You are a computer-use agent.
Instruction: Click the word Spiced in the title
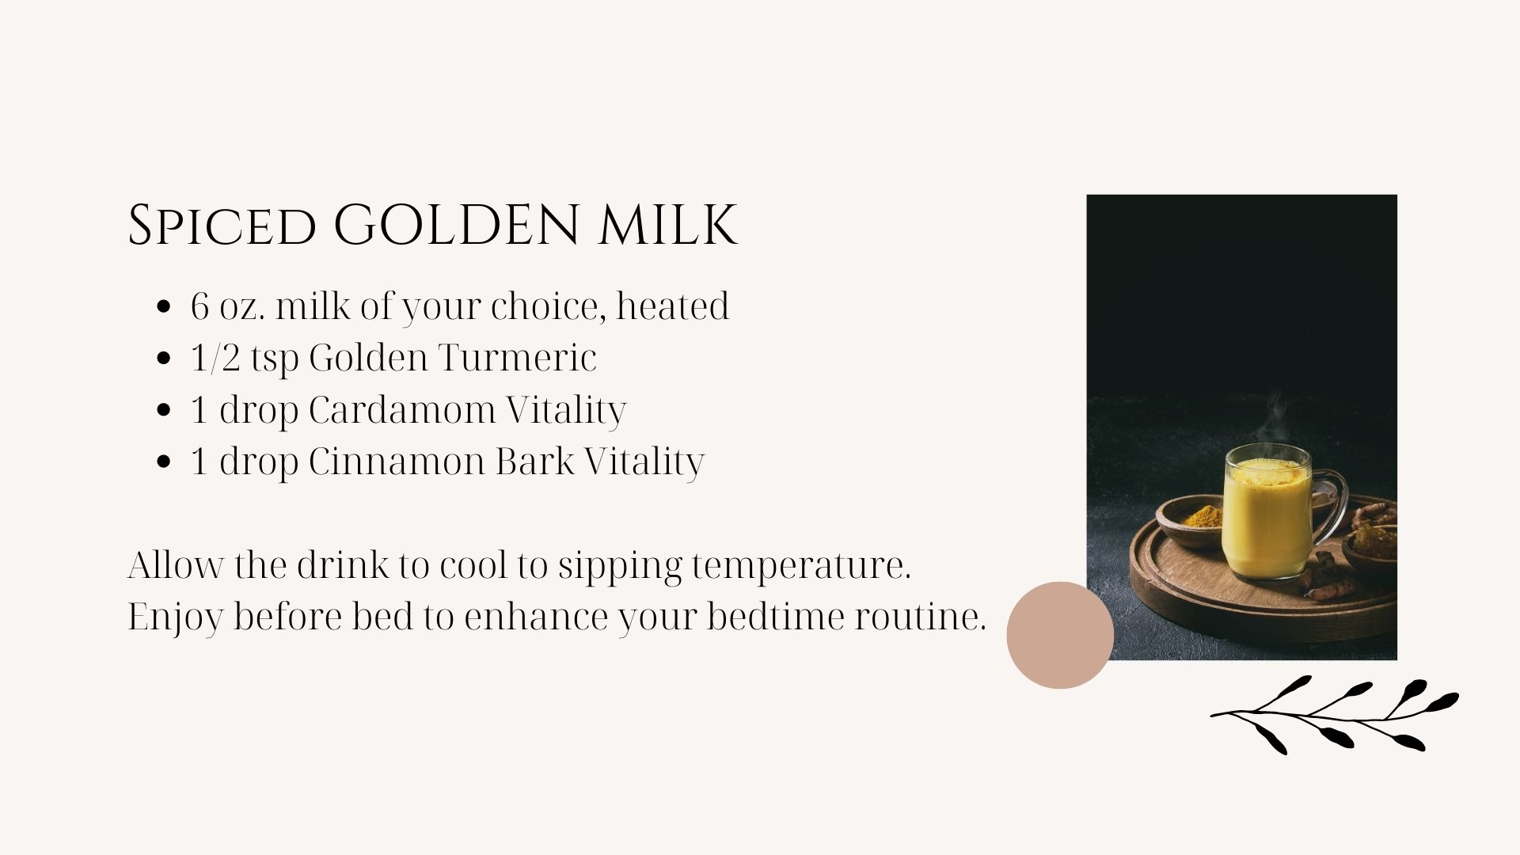point(221,225)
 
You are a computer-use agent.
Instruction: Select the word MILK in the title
point(668,225)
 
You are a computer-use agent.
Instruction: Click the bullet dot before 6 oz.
point(165,307)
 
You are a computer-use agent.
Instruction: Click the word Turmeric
point(516,358)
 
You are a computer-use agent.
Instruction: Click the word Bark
point(535,462)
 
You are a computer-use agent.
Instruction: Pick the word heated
point(672,306)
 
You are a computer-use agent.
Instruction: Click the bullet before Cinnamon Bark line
point(165,462)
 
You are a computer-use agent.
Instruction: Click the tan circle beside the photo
point(1060,635)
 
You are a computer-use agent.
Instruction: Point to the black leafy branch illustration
point(1335,715)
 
